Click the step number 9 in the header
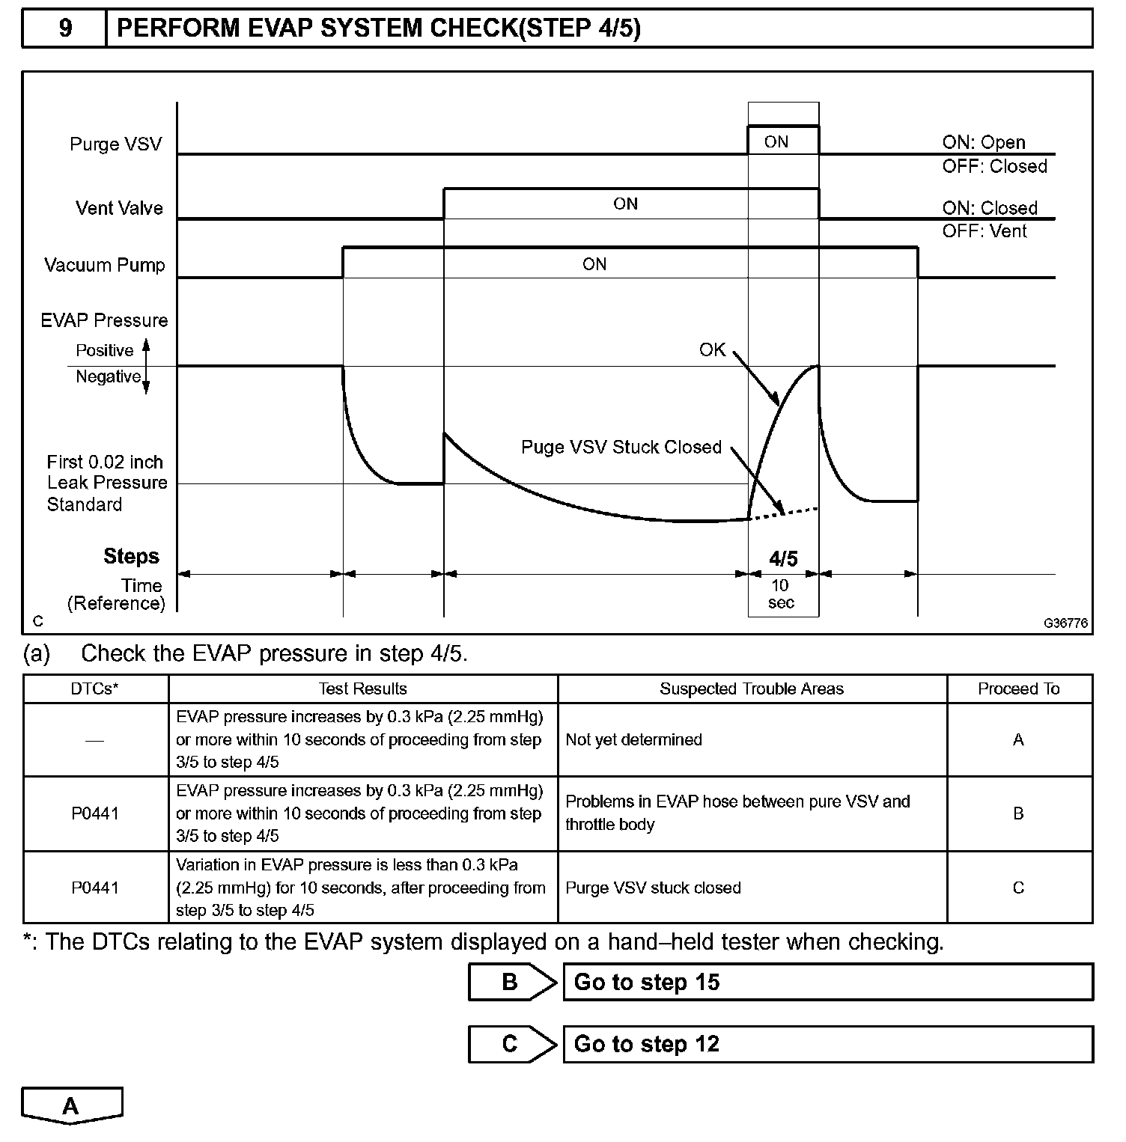65,28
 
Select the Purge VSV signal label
115,144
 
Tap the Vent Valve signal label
119,208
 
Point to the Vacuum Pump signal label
104,265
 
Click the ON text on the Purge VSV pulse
776,141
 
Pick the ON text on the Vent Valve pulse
625,204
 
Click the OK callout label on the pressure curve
712,349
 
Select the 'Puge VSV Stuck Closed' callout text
621,447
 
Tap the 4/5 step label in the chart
783,558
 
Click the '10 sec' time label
781,594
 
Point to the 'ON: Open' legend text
983,142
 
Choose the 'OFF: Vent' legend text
985,231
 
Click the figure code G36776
1066,623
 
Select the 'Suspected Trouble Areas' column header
752,688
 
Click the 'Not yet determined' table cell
633,739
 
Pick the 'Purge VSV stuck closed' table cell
653,888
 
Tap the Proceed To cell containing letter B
1018,813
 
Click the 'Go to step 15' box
827,982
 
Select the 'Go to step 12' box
827,1044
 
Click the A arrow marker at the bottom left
71,1106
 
